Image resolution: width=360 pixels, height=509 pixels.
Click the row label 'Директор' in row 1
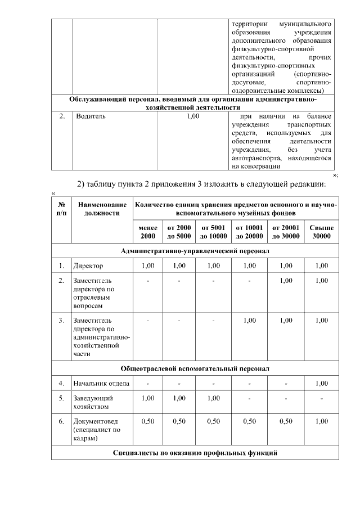pyautogui.click(x=88, y=265)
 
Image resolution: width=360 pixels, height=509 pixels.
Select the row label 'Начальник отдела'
pyautogui.click(x=101, y=384)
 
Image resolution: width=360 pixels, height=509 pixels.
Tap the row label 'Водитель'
pyautogui.click(x=91, y=116)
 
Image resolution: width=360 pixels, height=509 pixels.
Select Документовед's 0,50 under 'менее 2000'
pyautogui.click(x=148, y=421)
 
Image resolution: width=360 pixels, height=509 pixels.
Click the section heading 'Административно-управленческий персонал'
pyautogui.click(x=195, y=250)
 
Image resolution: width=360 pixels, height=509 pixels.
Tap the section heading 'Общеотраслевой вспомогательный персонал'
pyautogui.click(x=195, y=368)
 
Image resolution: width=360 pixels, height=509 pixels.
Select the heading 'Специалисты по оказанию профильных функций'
pyautogui.click(x=195, y=452)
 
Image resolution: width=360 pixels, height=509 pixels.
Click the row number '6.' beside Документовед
pyautogui.click(x=61, y=421)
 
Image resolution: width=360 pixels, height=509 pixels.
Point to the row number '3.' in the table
pyautogui.click(x=61, y=320)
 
